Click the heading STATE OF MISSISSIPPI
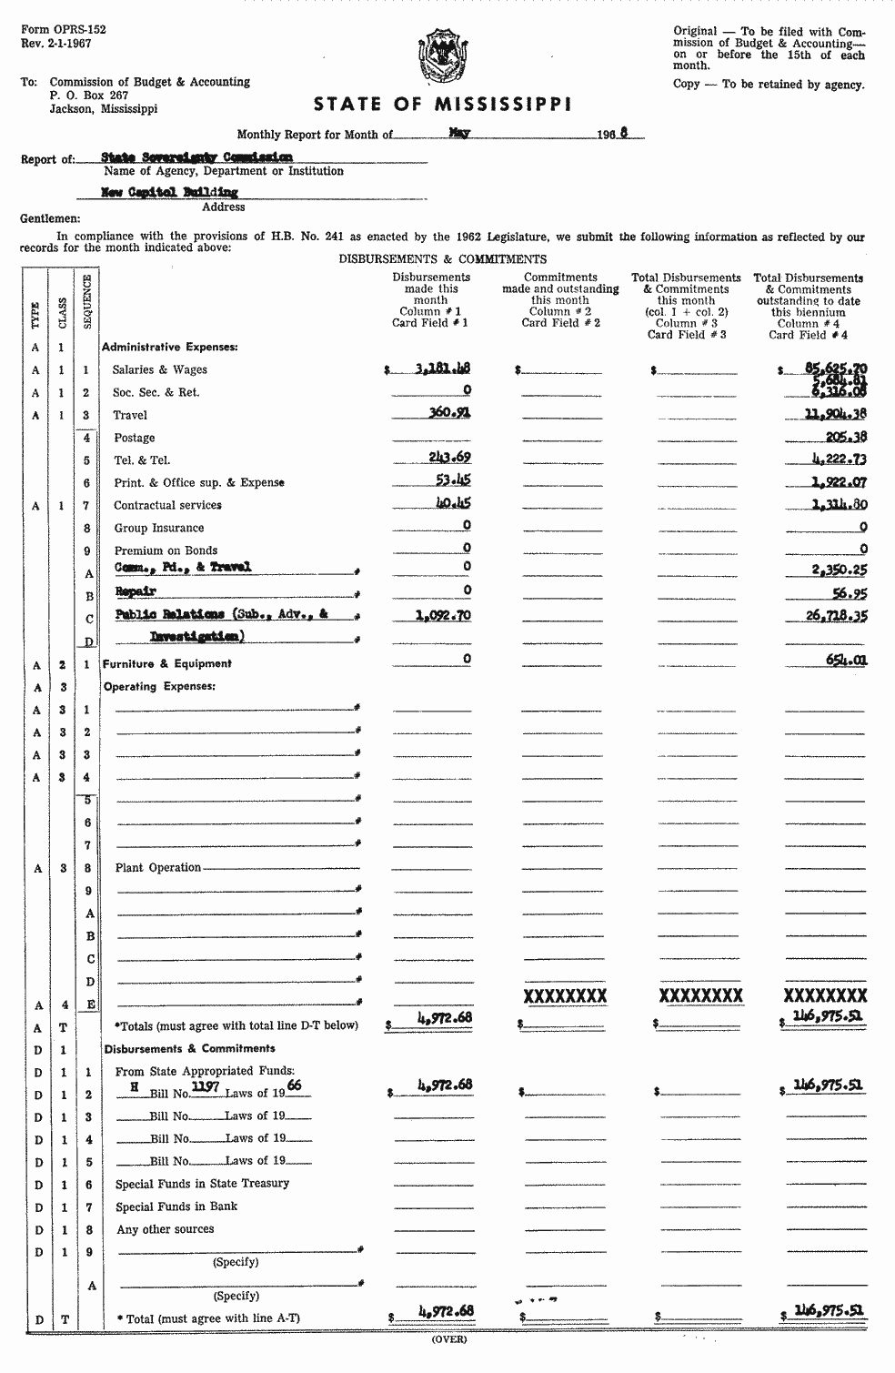click(443, 105)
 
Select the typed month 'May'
click(459, 132)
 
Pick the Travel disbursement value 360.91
click(447, 413)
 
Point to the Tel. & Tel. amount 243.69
click(449, 458)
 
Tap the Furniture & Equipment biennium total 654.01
click(846, 660)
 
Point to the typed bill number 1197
click(207, 1086)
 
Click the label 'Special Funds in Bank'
click(176, 1206)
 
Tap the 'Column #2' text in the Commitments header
click(560, 311)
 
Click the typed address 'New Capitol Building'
click(169, 192)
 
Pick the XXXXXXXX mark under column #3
click(700, 995)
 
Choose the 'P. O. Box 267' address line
click(89, 95)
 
